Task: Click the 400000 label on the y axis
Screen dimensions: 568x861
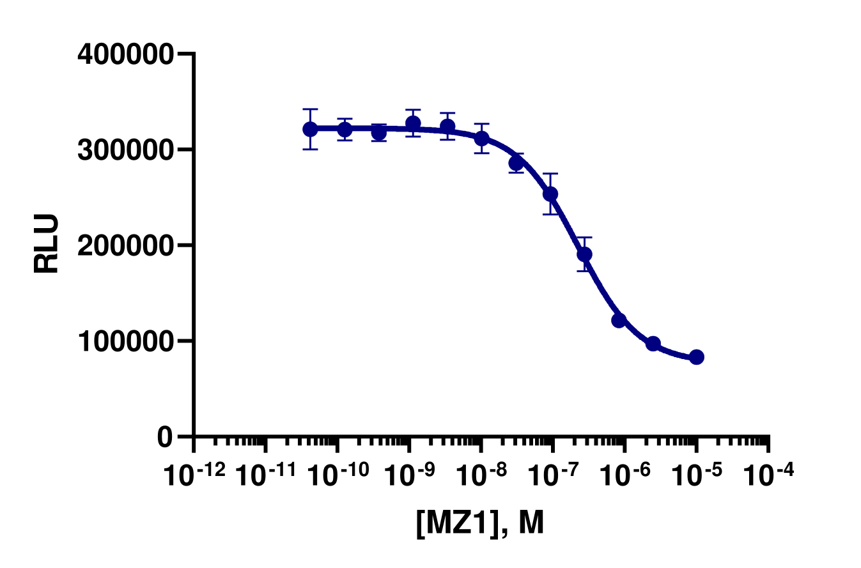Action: [125, 55]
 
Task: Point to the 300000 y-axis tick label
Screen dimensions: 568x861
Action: [125, 150]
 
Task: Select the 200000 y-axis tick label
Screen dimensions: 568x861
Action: [125, 245]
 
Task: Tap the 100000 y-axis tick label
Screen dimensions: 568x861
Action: [125, 341]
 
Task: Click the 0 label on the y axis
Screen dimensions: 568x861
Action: [165, 436]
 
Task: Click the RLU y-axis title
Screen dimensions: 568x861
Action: [47, 243]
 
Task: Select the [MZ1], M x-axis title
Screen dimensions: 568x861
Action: [479, 524]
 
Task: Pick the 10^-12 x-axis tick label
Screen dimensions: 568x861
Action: [195, 474]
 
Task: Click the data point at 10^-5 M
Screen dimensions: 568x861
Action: [697, 357]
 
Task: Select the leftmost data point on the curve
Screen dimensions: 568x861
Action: [311, 129]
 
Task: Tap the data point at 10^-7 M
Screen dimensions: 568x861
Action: [550, 194]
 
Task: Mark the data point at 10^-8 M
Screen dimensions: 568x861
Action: [482, 138]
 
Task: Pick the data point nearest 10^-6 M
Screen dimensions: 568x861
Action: [619, 320]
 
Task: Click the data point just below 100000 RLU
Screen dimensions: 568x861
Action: [653, 344]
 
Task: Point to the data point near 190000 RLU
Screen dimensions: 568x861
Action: [584, 254]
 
